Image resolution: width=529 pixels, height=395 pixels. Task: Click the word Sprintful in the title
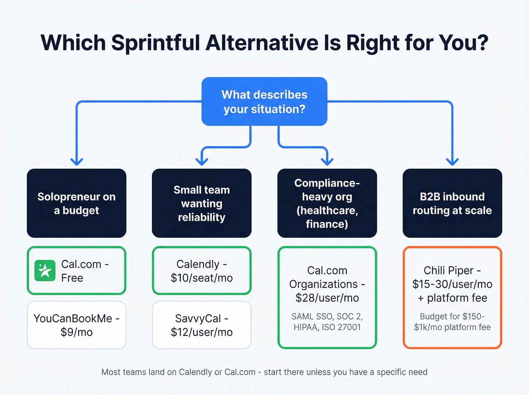155,43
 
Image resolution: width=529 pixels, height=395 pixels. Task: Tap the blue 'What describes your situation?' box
264,102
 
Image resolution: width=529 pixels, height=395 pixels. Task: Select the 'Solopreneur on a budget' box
76,203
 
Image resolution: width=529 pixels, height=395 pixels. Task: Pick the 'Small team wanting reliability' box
201,203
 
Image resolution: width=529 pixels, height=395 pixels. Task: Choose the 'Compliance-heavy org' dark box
327,203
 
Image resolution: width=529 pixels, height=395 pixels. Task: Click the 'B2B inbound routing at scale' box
452,203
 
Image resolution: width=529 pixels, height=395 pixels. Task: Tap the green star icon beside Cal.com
45,271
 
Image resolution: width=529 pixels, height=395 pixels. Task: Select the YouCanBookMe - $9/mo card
76,325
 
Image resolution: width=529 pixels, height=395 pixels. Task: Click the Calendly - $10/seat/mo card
201,271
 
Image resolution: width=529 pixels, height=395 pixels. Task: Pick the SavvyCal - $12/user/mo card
201,325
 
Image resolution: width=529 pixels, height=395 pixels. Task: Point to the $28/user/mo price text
327,298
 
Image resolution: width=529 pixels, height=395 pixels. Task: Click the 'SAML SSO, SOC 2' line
327,316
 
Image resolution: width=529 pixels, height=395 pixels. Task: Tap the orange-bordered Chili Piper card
452,297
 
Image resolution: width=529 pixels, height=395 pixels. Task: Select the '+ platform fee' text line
452,298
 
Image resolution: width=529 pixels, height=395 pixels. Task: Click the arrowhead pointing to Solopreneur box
77,162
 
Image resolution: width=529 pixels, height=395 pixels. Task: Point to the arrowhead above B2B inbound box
452,162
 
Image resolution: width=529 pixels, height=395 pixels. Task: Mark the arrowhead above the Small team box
202,162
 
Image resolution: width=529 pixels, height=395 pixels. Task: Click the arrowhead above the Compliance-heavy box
327,162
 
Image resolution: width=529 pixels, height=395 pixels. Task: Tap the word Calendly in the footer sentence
195,372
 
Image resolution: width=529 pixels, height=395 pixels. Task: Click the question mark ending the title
483,43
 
